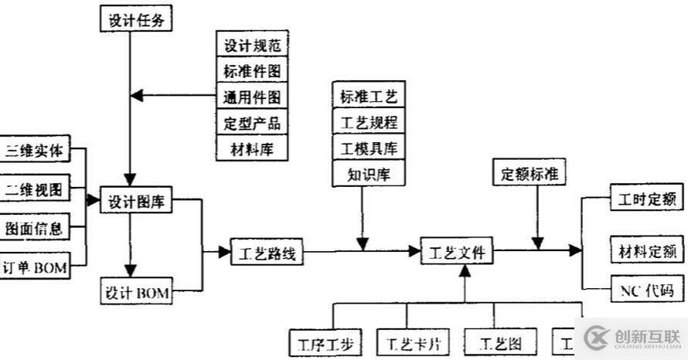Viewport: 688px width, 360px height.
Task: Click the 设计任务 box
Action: [135, 19]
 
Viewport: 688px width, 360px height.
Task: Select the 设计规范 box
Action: [252, 46]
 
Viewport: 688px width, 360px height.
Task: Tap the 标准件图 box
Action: [252, 71]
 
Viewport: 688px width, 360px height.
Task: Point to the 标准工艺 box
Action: [368, 97]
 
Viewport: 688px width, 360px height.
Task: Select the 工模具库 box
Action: [368, 148]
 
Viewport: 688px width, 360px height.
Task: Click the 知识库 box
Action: [368, 174]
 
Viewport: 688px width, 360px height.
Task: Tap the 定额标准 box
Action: [529, 174]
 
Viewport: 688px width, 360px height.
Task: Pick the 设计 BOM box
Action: [136, 293]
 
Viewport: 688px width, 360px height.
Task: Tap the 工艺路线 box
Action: [267, 253]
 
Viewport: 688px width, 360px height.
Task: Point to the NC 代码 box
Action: [646, 290]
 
